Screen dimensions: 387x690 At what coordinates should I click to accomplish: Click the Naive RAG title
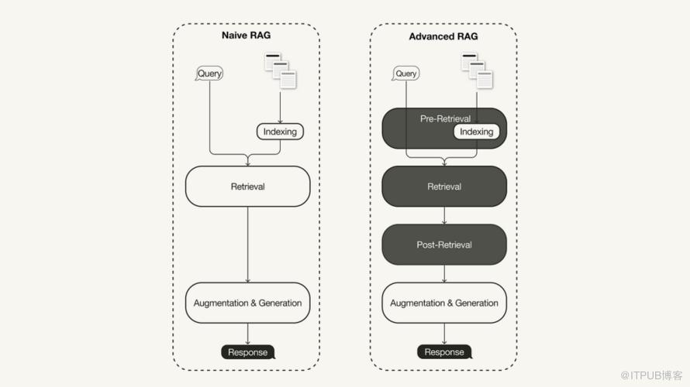(247, 36)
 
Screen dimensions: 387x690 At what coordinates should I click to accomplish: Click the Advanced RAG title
(443, 36)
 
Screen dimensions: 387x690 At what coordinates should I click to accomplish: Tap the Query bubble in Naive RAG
(209, 74)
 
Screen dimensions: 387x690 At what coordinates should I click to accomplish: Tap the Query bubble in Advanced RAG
(405, 74)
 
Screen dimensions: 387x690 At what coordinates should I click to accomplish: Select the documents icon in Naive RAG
(280, 69)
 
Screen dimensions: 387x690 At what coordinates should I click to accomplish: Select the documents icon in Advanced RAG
(477, 69)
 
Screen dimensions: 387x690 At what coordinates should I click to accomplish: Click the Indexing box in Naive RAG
(280, 132)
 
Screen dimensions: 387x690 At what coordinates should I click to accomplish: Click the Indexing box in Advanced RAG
(476, 132)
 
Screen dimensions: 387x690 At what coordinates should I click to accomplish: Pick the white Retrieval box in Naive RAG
(247, 187)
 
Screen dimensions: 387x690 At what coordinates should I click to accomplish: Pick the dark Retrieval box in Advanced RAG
(444, 187)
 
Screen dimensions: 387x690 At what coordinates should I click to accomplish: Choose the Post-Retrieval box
(444, 245)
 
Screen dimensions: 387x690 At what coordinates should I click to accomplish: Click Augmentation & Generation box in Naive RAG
(247, 303)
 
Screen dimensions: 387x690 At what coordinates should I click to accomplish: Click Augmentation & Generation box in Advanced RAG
(444, 303)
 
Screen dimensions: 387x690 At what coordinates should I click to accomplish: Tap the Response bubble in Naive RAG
(247, 352)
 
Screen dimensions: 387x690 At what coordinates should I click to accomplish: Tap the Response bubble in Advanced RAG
(444, 352)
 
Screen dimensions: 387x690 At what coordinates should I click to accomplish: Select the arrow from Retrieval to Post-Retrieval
(444, 216)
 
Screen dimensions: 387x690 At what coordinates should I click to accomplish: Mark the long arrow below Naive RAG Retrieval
(247, 244)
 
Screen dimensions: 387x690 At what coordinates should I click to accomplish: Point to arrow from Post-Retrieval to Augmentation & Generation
(444, 273)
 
